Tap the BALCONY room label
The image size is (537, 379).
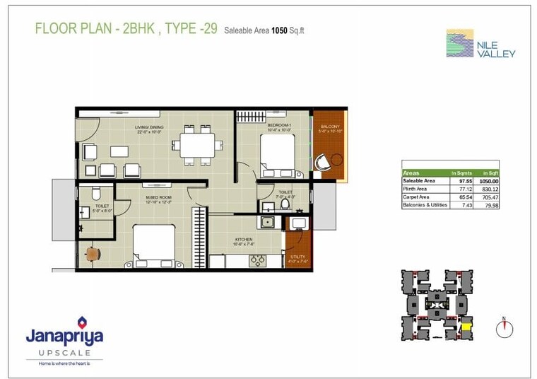coord(330,127)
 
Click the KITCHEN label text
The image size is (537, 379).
coord(244,240)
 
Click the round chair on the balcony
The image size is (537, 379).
coord(324,161)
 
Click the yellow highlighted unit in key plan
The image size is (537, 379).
coord(466,327)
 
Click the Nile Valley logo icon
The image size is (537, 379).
coord(460,43)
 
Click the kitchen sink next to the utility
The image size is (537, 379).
coord(268,222)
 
